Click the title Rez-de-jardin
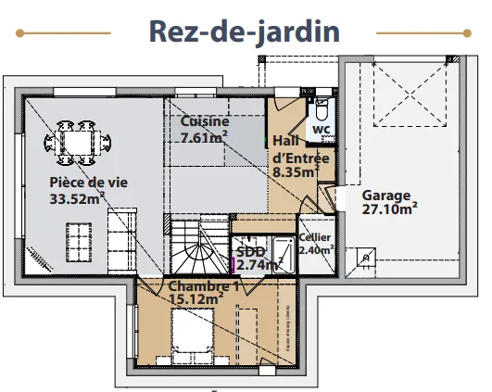[x=245, y=32]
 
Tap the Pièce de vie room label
[x=88, y=183]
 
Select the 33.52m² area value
[x=77, y=198]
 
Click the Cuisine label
[x=205, y=121]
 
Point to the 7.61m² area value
[x=204, y=137]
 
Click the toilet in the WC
[x=322, y=109]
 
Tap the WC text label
[x=322, y=129]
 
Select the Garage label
[x=386, y=196]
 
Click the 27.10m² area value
[x=390, y=209]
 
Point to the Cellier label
[x=314, y=237]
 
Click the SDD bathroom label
[x=251, y=252]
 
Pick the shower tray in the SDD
[x=284, y=255]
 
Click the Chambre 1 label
[x=204, y=286]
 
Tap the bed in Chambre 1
[x=193, y=330]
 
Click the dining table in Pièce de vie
[x=78, y=143]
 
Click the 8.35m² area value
[x=296, y=172]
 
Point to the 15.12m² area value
[x=196, y=298]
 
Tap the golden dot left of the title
[x=19, y=33]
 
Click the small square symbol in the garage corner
[x=366, y=258]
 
